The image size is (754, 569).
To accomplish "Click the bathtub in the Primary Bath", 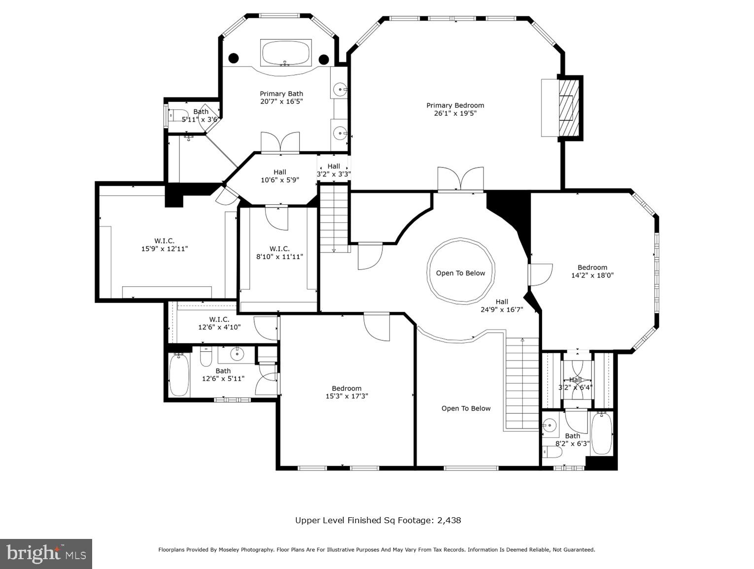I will tap(286, 53).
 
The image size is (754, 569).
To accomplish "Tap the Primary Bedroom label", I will tap(455, 105).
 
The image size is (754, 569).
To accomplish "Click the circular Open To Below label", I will tap(460, 273).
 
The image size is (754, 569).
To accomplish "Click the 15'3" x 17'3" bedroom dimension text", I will tap(346, 396).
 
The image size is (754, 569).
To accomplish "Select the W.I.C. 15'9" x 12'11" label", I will tap(165, 245).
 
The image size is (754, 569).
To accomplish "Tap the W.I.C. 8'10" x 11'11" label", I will tap(279, 253).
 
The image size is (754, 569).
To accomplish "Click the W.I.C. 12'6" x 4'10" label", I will tap(219, 323).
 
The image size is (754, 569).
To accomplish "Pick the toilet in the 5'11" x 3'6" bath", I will tap(177, 115).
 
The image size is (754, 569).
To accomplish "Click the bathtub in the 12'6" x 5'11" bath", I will tap(179, 375).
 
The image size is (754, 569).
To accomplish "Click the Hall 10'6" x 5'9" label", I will tap(280, 176).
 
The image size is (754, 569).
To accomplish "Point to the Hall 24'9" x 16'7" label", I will tap(502, 306).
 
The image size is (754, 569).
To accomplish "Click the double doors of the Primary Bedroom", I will tap(460, 179).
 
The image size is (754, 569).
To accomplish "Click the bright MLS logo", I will tap(46, 554).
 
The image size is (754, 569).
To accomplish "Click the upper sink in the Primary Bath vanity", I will tap(340, 90).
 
